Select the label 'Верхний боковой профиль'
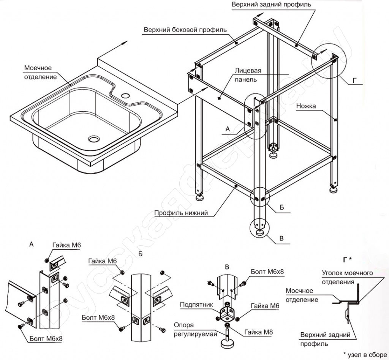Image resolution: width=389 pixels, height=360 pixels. point(185,30)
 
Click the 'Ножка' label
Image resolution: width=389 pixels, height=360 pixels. point(307,106)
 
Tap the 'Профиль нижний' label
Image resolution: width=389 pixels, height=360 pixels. point(181,213)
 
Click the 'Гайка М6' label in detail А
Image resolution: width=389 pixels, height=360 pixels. point(66,246)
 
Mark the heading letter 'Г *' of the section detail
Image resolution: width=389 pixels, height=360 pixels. point(347,260)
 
